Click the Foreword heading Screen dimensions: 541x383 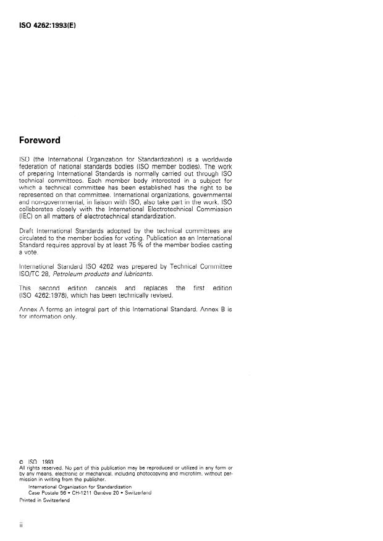point(40,140)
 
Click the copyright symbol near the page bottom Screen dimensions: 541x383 point(22,461)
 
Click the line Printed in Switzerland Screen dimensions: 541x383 point(43,500)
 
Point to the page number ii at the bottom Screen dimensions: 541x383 point(22,529)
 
